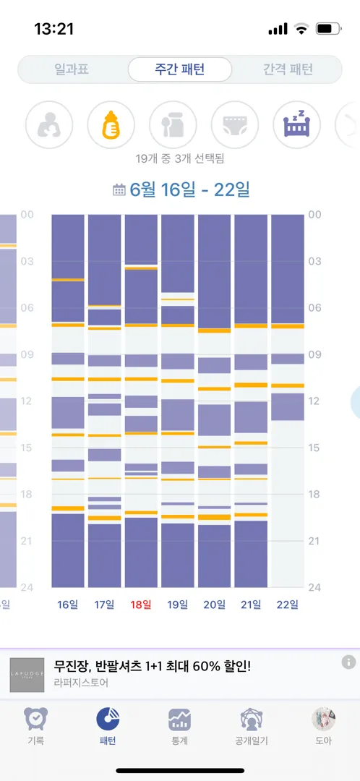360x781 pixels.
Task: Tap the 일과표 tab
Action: coord(72,69)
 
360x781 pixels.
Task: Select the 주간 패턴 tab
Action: coord(180,69)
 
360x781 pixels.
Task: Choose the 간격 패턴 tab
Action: coord(288,69)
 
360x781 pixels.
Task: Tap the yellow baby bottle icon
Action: coord(111,124)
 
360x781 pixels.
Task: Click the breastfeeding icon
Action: coord(49,124)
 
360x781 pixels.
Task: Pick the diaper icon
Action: coord(235,124)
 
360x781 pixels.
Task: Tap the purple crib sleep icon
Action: coord(297,124)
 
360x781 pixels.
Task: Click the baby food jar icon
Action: coord(173,124)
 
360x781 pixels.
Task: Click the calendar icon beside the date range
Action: coord(119,189)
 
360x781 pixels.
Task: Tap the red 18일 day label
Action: coord(141,605)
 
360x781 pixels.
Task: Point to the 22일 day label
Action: coord(287,605)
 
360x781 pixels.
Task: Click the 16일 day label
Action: coord(68,605)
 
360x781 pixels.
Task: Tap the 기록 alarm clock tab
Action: coord(36,727)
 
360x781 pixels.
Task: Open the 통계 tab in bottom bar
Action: coord(179,727)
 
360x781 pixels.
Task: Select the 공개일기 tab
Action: coord(252,727)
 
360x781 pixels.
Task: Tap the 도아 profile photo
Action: coord(323,720)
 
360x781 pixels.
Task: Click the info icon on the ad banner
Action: coord(348,662)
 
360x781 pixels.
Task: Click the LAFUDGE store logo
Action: coord(27,675)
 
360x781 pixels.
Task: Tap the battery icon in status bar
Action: coord(327,29)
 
